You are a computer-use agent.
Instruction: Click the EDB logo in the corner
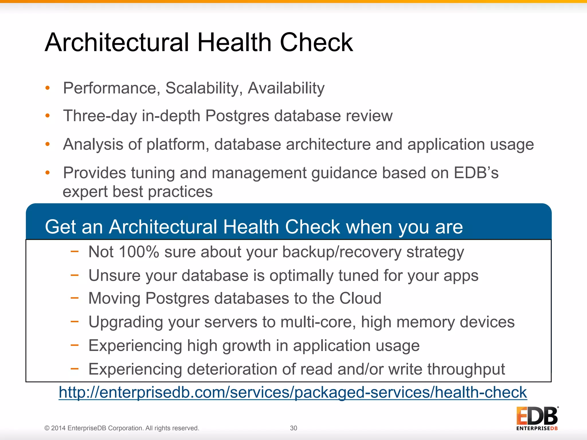tap(537, 418)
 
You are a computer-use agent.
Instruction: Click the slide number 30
tap(293, 428)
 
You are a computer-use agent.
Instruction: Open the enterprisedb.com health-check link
tap(293, 392)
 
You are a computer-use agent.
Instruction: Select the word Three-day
tap(100, 116)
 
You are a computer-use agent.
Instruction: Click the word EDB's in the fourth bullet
tap(476, 173)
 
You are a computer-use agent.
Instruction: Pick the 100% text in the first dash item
tap(139, 252)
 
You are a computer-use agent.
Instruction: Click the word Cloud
tap(360, 298)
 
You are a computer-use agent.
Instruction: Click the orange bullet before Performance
tap(48, 88)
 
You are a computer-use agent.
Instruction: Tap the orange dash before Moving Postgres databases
tap(75, 298)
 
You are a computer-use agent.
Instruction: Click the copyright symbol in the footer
tap(47, 428)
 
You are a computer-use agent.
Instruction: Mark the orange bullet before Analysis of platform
tap(48, 144)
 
